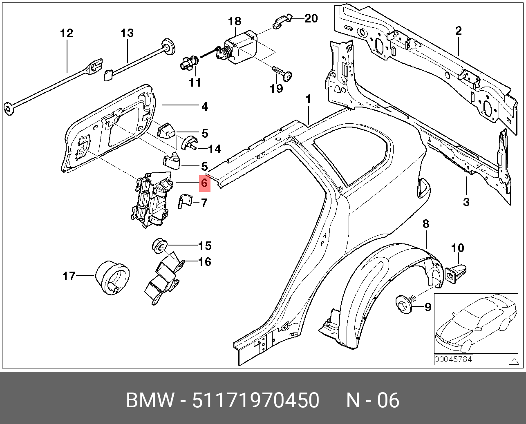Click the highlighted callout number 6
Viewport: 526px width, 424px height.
point(205,183)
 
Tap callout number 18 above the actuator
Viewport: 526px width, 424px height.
point(235,22)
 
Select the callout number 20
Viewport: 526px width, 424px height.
point(311,18)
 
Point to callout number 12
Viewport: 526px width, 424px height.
point(67,33)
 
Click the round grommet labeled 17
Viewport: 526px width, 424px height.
point(112,278)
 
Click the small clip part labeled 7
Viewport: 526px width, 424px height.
point(185,201)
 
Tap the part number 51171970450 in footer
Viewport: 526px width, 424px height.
point(256,400)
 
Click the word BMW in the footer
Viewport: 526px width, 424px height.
point(150,400)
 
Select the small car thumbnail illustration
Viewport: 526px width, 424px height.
point(476,324)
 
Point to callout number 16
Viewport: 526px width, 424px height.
point(205,262)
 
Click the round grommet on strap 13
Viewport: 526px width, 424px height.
point(168,47)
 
